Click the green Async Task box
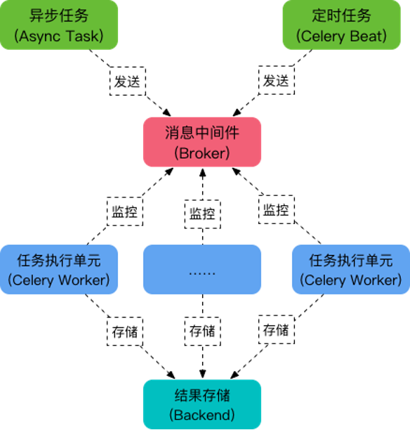click(x=59, y=25)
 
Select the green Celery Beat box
click(x=342, y=25)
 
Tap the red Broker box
click(x=202, y=142)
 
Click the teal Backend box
click(x=202, y=405)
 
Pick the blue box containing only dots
click(x=202, y=270)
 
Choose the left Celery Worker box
click(x=59, y=270)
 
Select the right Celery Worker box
click(x=351, y=270)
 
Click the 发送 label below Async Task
click(x=128, y=82)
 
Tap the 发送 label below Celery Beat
click(x=277, y=80)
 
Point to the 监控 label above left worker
click(x=125, y=211)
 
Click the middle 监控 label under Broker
click(x=202, y=214)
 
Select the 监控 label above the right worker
click(x=277, y=210)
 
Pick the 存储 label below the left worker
click(x=125, y=332)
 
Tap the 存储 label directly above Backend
click(x=202, y=331)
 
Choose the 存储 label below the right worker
click(x=277, y=330)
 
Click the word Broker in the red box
click(x=202, y=153)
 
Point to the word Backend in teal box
click(x=202, y=415)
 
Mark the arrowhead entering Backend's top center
click(x=202, y=374)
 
